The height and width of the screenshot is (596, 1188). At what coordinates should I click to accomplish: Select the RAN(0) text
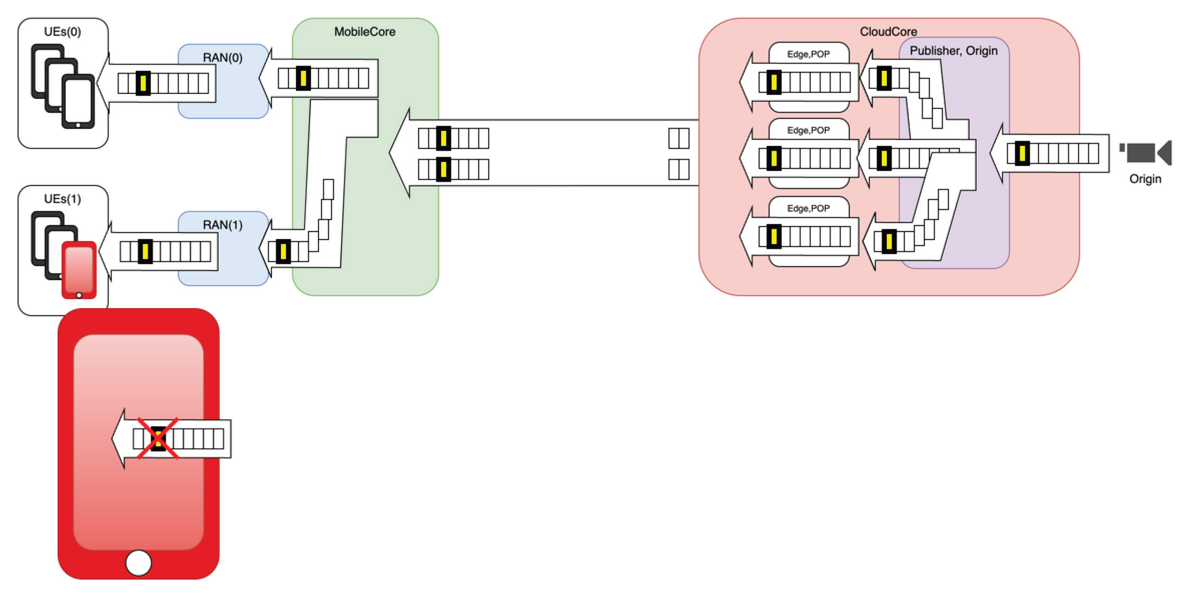223,58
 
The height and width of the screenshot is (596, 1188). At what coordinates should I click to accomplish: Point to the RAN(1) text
223,225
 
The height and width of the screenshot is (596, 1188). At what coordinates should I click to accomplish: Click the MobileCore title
365,32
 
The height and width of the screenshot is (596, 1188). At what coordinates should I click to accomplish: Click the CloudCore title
888,32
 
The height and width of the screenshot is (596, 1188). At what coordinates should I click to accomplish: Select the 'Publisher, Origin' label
954,51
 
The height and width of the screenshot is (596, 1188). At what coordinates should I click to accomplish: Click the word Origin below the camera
1145,179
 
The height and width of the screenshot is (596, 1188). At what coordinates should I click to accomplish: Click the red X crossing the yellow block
158,438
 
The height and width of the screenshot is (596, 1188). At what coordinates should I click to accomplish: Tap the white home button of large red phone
138,563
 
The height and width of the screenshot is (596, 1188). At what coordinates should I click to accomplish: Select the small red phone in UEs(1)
79,270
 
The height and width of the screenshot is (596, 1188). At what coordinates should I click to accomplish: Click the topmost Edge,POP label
808,54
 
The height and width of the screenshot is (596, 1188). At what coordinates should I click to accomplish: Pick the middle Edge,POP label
808,131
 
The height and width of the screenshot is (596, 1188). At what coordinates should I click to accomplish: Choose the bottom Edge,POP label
808,208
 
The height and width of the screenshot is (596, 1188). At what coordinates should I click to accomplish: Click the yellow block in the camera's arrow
1022,154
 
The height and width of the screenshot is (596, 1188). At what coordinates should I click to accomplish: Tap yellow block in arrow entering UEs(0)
143,83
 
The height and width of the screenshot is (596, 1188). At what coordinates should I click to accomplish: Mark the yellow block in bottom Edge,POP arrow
774,237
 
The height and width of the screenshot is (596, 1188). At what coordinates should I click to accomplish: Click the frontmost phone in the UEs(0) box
79,101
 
